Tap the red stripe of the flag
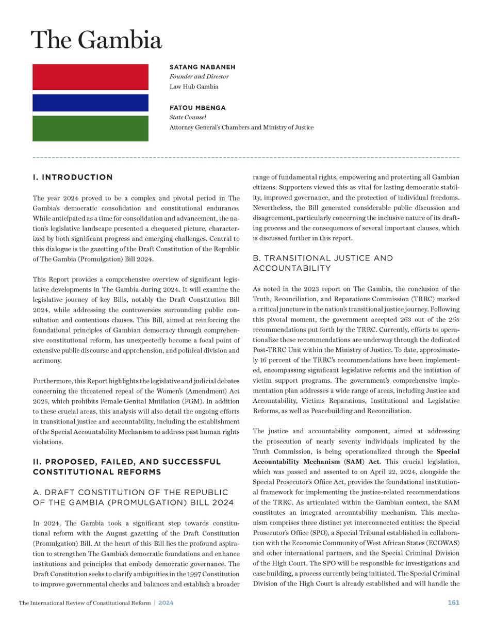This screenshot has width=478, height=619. tap(90, 77)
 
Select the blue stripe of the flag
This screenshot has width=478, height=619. tap(90, 103)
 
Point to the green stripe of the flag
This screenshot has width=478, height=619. tap(90, 128)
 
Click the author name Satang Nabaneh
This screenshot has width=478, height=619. tap(199, 68)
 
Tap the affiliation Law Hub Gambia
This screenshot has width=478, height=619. tap(194, 87)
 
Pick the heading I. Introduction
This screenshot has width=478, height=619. tap(72, 177)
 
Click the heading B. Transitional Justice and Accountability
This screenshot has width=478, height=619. tap(323, 263)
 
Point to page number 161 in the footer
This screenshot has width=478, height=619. tap(454, 602)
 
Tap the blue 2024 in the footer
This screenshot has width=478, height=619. tap(166, 602)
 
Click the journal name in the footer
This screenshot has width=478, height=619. tap(85, 602)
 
